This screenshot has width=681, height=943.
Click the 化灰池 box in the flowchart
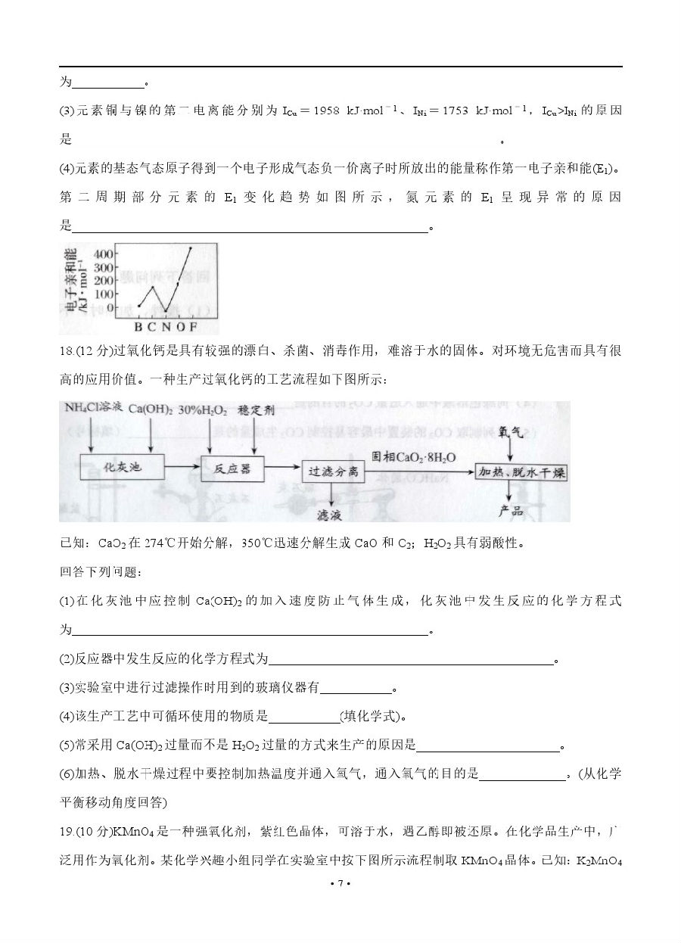click(122, 468)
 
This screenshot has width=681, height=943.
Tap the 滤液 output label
click(329, 515)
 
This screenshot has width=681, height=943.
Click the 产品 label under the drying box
click(512, 511)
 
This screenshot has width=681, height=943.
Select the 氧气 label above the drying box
click(512, 431)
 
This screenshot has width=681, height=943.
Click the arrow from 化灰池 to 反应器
click(181, 468)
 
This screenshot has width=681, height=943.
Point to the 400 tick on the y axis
click(104, 253)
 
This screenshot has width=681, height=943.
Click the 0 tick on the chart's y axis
click(111, 308)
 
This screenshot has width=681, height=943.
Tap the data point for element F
click(191, 247)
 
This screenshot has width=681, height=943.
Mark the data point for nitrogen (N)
click(166, 311)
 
